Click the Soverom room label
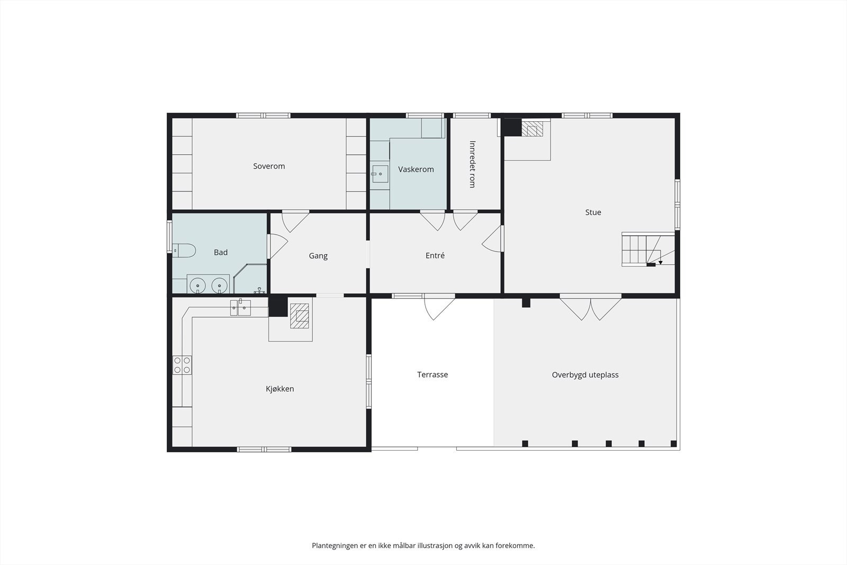[269, 166]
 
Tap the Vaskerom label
[416, 169]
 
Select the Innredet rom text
[472, 164]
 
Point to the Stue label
[593, 212]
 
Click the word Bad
[221, 252]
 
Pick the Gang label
[318, 256]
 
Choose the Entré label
[435, 255]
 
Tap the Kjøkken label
[280, 389]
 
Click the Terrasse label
[432, 374]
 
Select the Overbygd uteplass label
[585, 375]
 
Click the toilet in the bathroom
[184, 250]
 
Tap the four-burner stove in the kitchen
[182, 365]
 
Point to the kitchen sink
[240, 308]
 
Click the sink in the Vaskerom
[380, 174]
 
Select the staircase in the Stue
[648, 249]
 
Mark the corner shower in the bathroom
[250, 279]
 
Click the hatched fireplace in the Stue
[532, 128]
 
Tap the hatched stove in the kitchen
[300, 316]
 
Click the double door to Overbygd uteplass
[591, 308]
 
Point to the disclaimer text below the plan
[423, 545]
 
